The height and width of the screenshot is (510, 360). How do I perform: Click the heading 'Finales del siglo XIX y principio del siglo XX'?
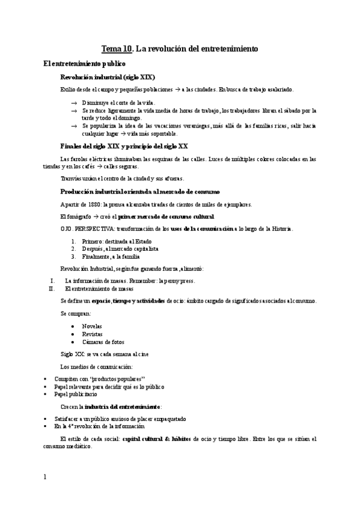(x=124, y=146)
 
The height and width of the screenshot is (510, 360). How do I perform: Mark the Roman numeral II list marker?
(x=52, y=288)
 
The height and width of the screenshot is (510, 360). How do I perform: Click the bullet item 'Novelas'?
(x=92, y=325)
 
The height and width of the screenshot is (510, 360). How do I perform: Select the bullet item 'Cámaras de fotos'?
(x=103, y=342)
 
